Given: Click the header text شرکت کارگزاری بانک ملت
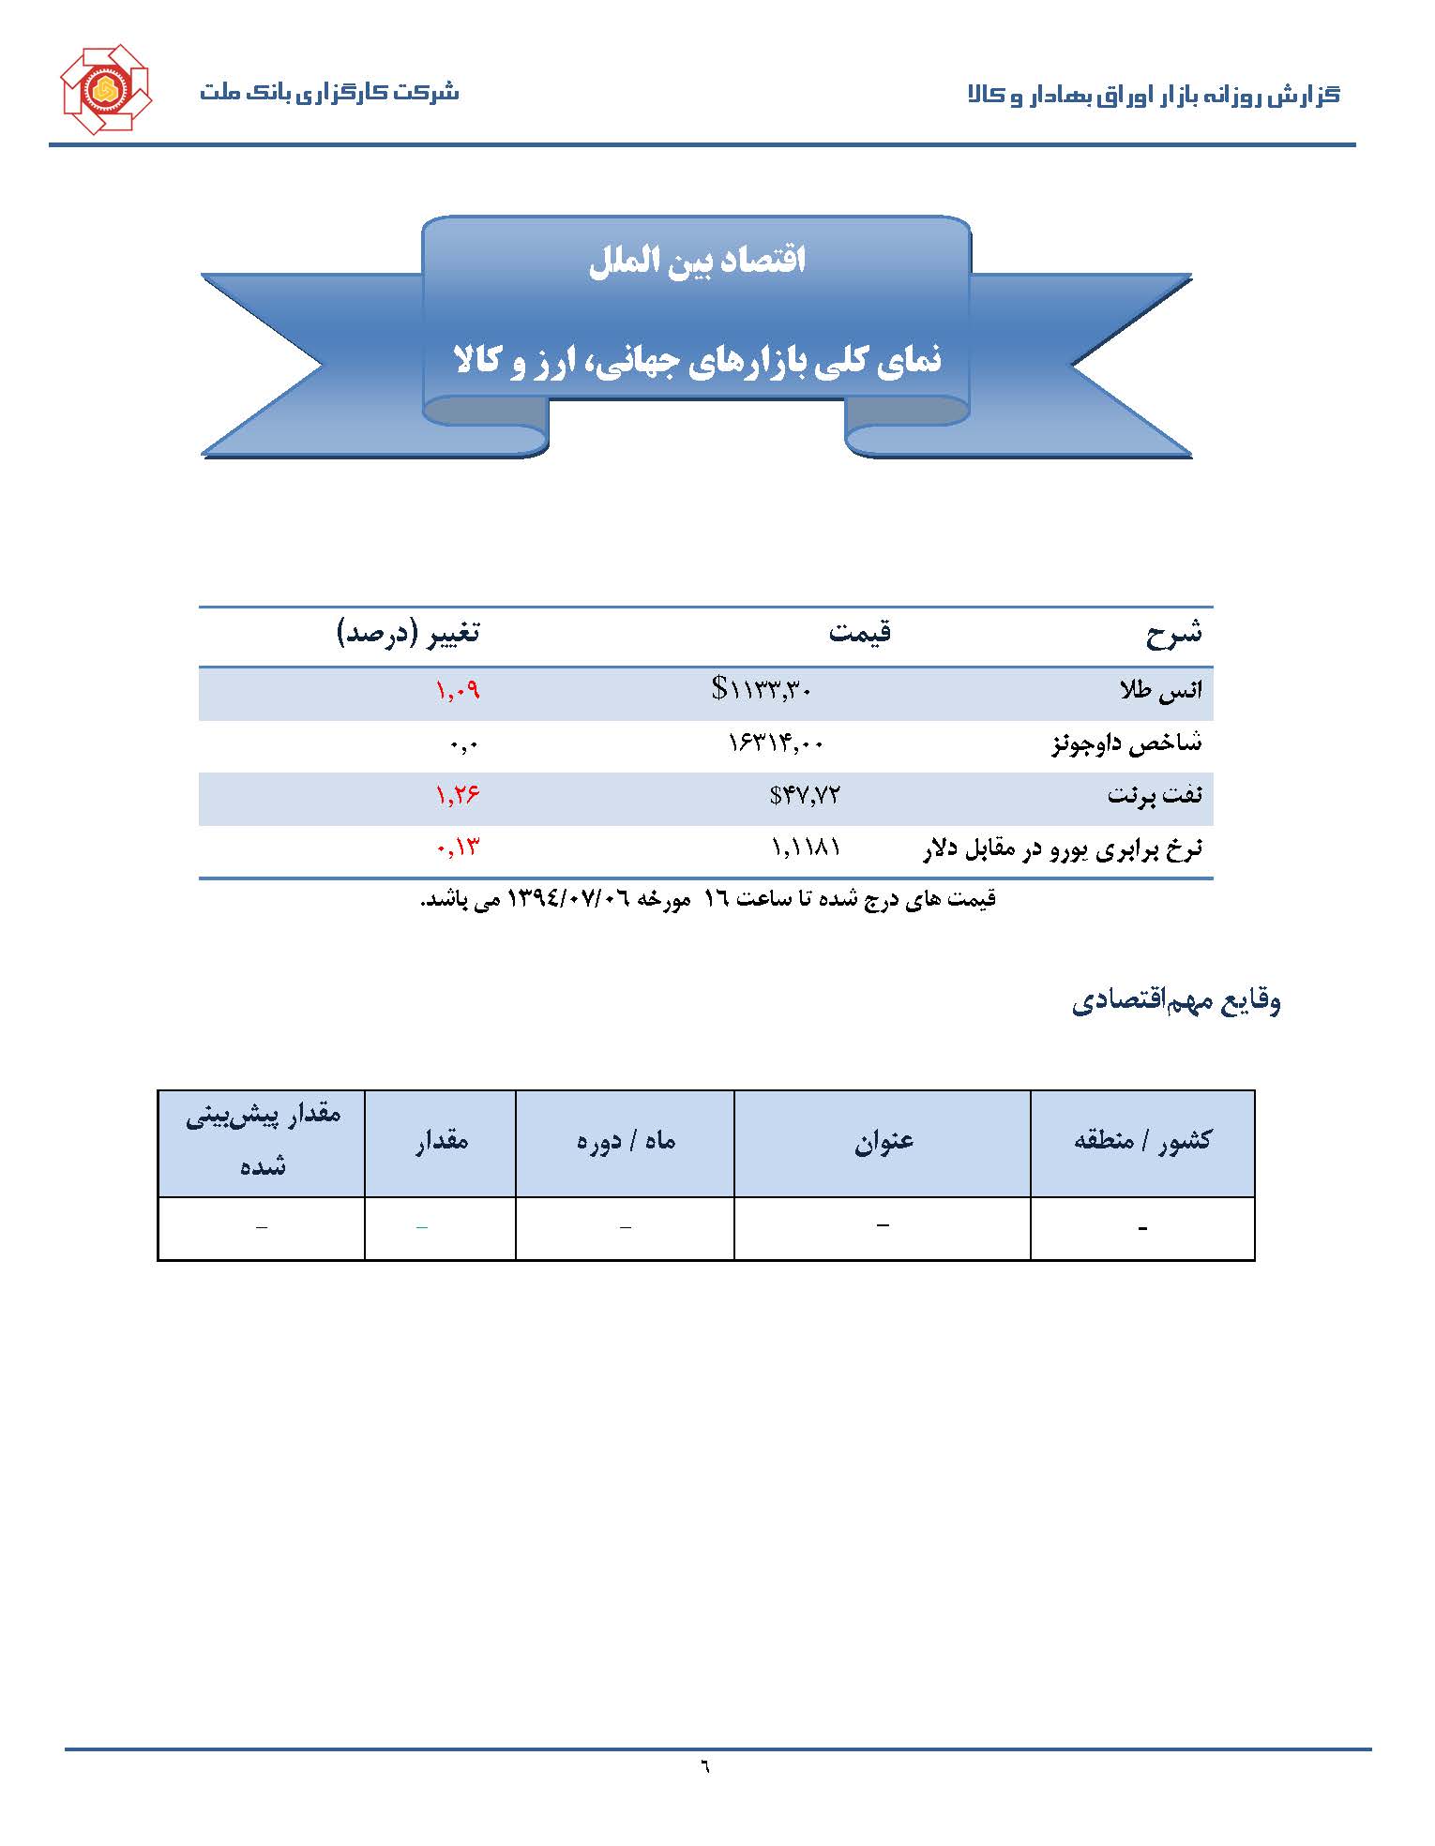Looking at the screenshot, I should [328, 93].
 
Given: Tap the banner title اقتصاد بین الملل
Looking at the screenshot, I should [697, 261].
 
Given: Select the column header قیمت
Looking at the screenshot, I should [859, 634].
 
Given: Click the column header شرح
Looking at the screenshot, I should [1172, 635].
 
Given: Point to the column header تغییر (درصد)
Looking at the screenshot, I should [408, 634].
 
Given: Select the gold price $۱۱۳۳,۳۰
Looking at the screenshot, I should [762, 691].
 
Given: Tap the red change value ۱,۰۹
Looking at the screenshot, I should [457, 691].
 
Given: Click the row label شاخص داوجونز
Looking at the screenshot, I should [1125, 744].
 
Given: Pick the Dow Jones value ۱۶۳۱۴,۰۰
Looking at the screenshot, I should [776, 744].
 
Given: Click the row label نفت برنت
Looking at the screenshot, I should [1154, 796].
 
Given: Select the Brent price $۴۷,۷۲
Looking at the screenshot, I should [804, 796].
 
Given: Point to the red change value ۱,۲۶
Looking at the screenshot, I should [457, 796].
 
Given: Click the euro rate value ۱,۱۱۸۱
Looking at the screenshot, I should [806, 848].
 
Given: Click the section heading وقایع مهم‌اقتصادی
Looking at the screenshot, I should [1176, 1001].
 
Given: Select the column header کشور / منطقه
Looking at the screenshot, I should [1142, 1141].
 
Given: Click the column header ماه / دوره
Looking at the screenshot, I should [626, 1141].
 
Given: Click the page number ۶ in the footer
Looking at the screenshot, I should [704, 1767].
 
